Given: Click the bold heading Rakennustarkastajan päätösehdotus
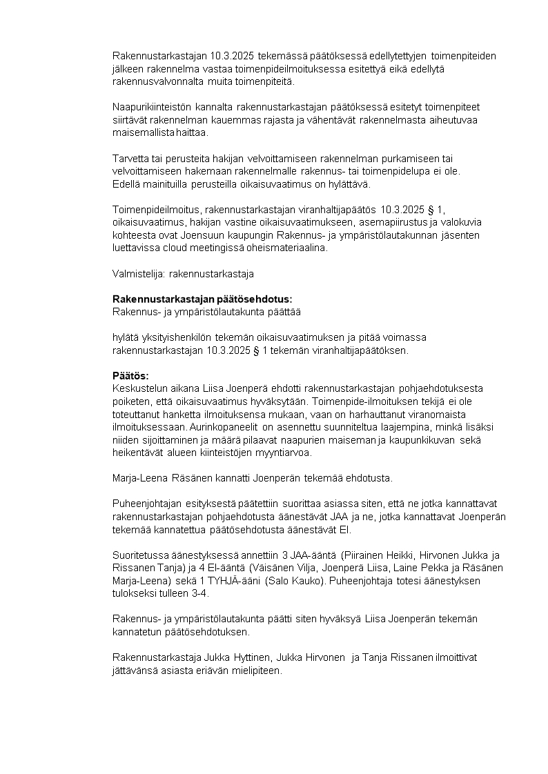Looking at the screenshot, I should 202,299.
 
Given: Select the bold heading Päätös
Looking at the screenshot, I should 130,375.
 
